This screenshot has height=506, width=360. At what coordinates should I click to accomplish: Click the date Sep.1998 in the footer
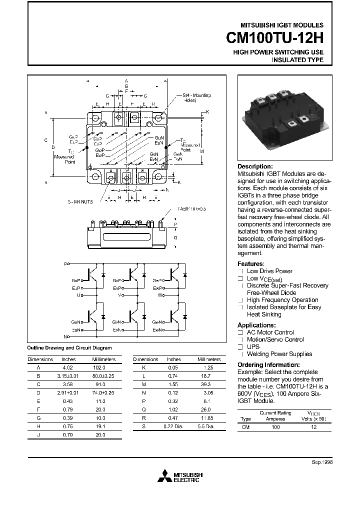[321, 462]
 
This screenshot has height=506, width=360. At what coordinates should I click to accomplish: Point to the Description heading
[255, 166]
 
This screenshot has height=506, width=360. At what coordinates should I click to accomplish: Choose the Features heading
[250, 263]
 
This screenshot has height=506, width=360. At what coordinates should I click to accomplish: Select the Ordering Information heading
[268, 365]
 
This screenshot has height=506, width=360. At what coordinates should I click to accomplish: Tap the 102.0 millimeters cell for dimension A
[100, 366]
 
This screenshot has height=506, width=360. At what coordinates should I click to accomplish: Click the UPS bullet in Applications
[252, 346]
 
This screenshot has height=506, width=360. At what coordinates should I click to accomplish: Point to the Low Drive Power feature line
[269, 271]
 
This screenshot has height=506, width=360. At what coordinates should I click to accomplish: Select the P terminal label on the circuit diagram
[65, 263]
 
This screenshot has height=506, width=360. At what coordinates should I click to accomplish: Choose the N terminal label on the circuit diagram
[65, 336]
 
